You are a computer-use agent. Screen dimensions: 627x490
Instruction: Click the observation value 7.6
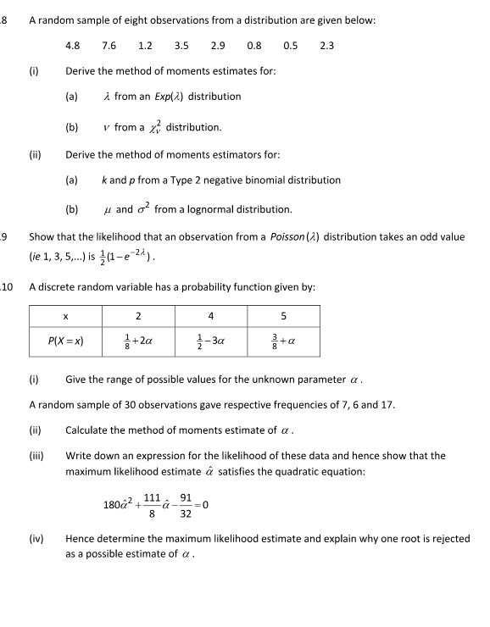109,45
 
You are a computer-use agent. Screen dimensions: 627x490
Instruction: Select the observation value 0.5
291,45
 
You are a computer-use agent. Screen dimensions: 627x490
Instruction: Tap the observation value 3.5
181,45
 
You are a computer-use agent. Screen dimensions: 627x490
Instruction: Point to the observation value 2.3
327,45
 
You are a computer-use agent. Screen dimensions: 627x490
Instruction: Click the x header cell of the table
66,317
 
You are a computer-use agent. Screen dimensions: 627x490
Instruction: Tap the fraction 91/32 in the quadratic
186,507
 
